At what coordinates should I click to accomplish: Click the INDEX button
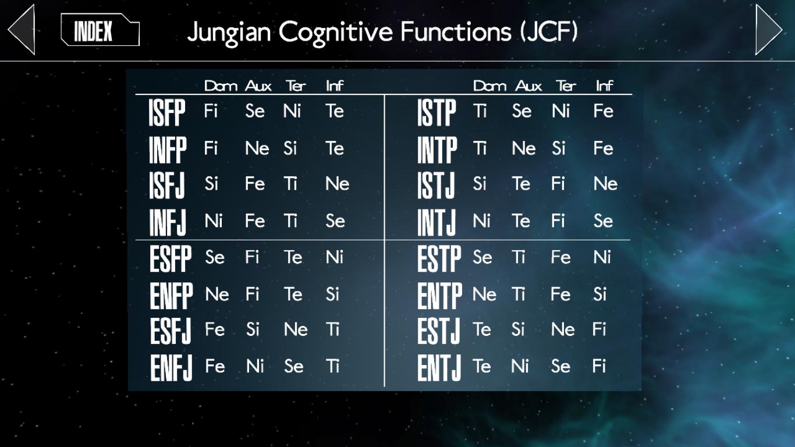coord(100,30)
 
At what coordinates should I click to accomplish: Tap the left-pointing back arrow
coord(22,30)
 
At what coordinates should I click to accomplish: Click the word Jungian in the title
coord(229,33)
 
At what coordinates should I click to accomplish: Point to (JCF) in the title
coord(549,31)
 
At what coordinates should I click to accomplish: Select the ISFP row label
coord(167,112)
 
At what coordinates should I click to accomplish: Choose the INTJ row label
coord(436,222)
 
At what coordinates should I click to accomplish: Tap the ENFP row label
coord(171,296)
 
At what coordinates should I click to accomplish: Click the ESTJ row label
coord(438,331)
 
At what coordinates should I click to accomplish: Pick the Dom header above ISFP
coord(221,86)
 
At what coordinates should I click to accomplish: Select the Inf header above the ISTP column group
coord(604,86)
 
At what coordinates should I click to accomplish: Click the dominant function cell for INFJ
coord(214,221)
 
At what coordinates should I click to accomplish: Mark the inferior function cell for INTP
coord(603,148)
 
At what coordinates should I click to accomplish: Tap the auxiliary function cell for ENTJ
coord(520,366)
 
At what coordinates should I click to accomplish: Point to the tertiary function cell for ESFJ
coord(296,329)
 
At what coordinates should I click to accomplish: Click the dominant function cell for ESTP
coord(482,257)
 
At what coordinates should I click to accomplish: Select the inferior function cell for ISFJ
coord(337,183)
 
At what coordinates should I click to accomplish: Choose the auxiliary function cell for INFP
coord(257,148)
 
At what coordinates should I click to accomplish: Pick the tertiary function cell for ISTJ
coord(558,183)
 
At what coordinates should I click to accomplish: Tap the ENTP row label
coord(439,296)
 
